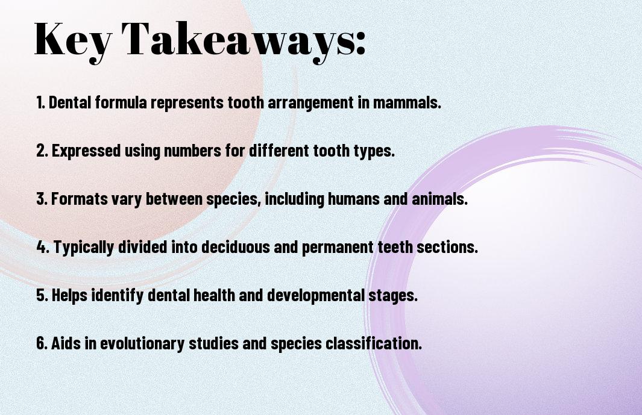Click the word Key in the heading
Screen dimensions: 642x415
pyautogui.click(x=73, y=41)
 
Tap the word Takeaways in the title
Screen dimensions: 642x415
pyautogui.click(x=238, y=41)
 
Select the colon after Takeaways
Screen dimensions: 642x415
pyautogui.click(x=360, y=44)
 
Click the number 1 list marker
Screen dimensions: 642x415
pyautogui.click(x=40, y=102)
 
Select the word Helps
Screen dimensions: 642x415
pyautogui.click(x=69, y=295)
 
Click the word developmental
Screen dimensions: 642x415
pyautogui.click(x=316, y=296)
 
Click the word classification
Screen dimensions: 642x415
pyautogui.click(x=373, y=343)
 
